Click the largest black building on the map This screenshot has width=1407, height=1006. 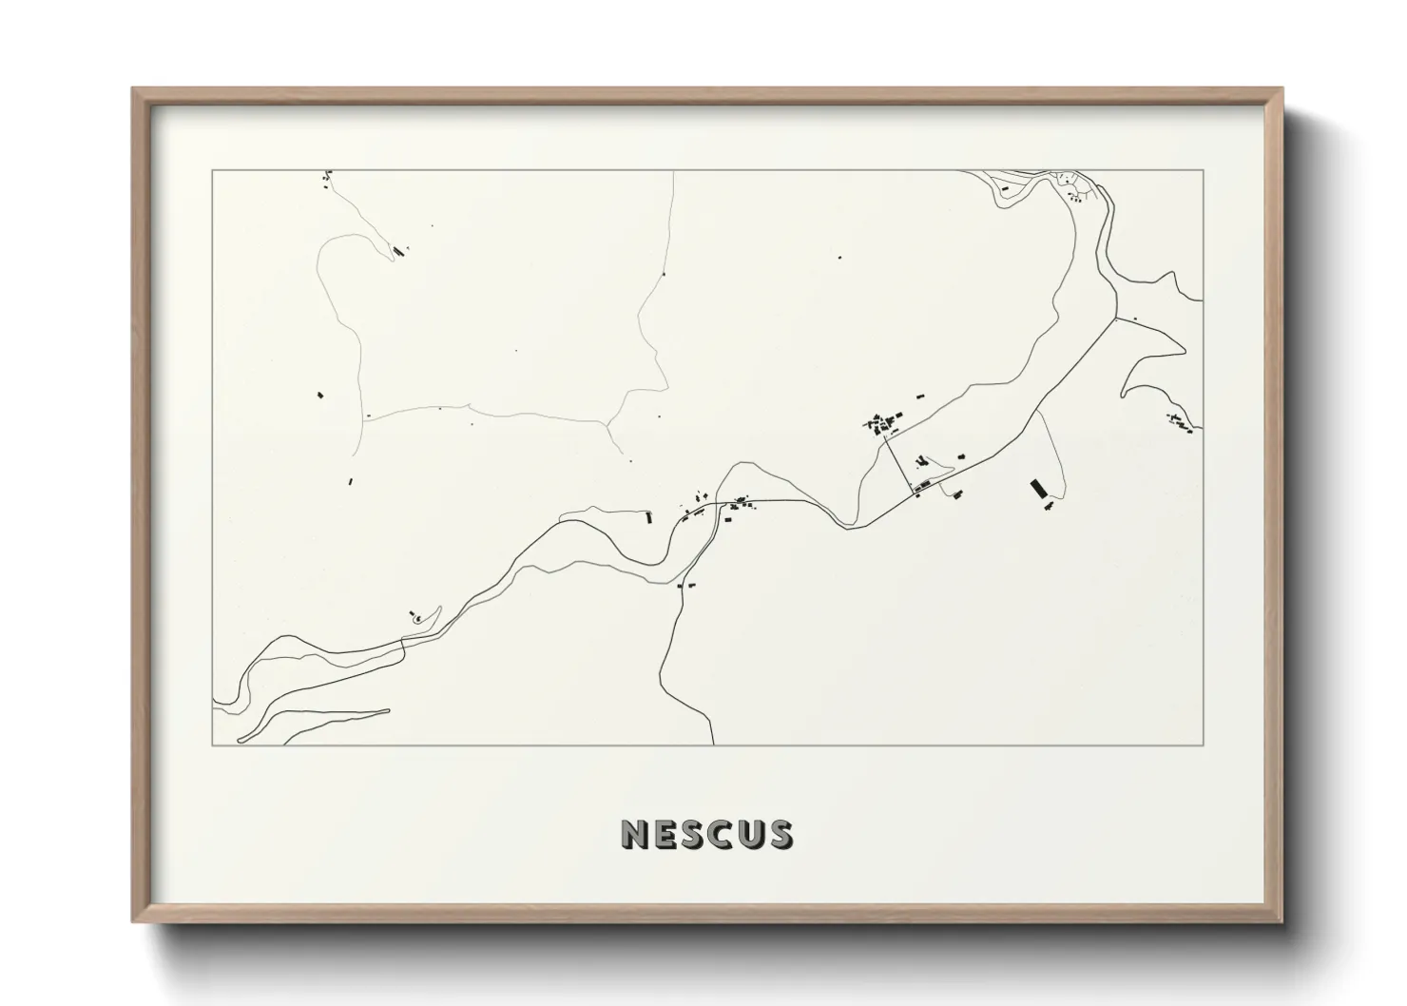[1038, 489]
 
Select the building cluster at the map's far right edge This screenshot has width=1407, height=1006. [1179, 423]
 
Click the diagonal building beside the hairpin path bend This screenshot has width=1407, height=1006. [397, 251]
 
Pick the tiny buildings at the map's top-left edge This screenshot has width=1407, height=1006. [326, 176]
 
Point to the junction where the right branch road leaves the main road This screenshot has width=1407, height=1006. [1113, 319]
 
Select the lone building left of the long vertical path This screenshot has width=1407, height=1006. [320, 392]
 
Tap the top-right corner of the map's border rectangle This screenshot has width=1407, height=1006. [1204, 170]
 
